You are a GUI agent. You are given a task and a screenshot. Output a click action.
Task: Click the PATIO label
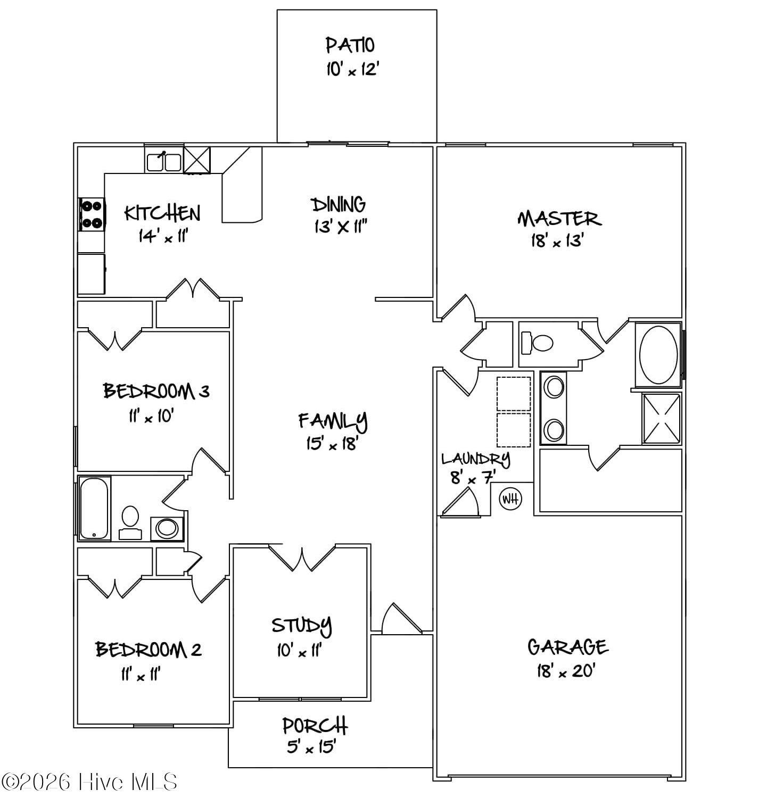[x=350, y=45]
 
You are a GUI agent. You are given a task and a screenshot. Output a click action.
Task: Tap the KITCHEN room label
[x=162, y=213]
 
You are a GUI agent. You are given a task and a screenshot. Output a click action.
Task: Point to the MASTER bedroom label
[x=559, y=219]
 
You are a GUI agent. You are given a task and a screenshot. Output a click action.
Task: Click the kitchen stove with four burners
[x=92, y=214]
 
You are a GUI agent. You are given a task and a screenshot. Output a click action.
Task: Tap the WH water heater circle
[x=510, y=499]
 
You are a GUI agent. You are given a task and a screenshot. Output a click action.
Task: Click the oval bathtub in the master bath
[x=658, y=355]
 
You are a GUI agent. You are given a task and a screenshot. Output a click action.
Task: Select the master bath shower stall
[x=662, y=418]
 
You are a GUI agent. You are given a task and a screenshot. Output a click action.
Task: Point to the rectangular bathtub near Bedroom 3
[x=95, y=508]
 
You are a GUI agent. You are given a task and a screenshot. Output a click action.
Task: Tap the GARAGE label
[x=567, y=647]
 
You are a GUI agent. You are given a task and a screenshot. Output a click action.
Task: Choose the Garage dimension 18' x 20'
[x=565, y=671]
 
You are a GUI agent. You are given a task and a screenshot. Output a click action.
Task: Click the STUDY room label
[x=302, y=626]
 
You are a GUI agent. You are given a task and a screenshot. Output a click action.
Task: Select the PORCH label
[x=315, y=726]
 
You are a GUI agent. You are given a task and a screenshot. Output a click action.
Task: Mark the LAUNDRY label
[x=475, y=458]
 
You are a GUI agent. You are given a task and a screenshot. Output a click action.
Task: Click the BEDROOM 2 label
[x=149, y=650]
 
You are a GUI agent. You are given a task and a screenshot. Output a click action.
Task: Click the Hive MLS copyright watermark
[x=89, y=782]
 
